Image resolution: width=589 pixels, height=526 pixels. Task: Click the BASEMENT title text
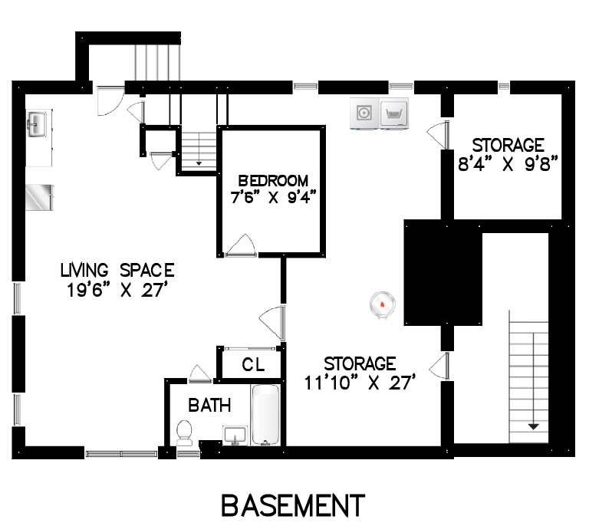tap(294, 505)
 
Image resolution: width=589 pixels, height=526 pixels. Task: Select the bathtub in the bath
tap(265, 415)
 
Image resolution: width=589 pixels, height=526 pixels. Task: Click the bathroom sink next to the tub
tap(235, 436)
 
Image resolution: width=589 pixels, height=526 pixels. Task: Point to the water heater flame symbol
tap(383, 304)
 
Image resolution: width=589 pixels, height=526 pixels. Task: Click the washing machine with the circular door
tap(364, 113)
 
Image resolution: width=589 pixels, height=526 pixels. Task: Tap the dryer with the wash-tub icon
tap(393, 113)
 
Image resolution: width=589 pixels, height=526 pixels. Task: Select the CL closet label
tap(254, 364)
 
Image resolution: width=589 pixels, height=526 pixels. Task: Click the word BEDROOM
tap(273, 181)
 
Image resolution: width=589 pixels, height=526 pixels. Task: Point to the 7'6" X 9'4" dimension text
tap(273, 198)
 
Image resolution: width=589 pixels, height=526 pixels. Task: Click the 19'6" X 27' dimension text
tap(117, 290)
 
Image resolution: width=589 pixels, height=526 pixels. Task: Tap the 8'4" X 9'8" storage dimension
tap(508, 164)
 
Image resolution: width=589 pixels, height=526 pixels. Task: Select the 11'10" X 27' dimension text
tap(360, 383)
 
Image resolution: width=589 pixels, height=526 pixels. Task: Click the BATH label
tap(209, 406)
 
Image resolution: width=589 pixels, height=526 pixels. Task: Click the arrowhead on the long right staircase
tap(534, 427)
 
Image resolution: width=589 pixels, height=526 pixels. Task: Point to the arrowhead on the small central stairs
tap(199, 163)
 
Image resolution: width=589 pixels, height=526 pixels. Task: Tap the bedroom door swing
tap(241, 245)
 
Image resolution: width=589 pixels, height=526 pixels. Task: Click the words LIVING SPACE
tap(117, 271)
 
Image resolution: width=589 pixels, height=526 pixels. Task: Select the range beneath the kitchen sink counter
tap(39, 198)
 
